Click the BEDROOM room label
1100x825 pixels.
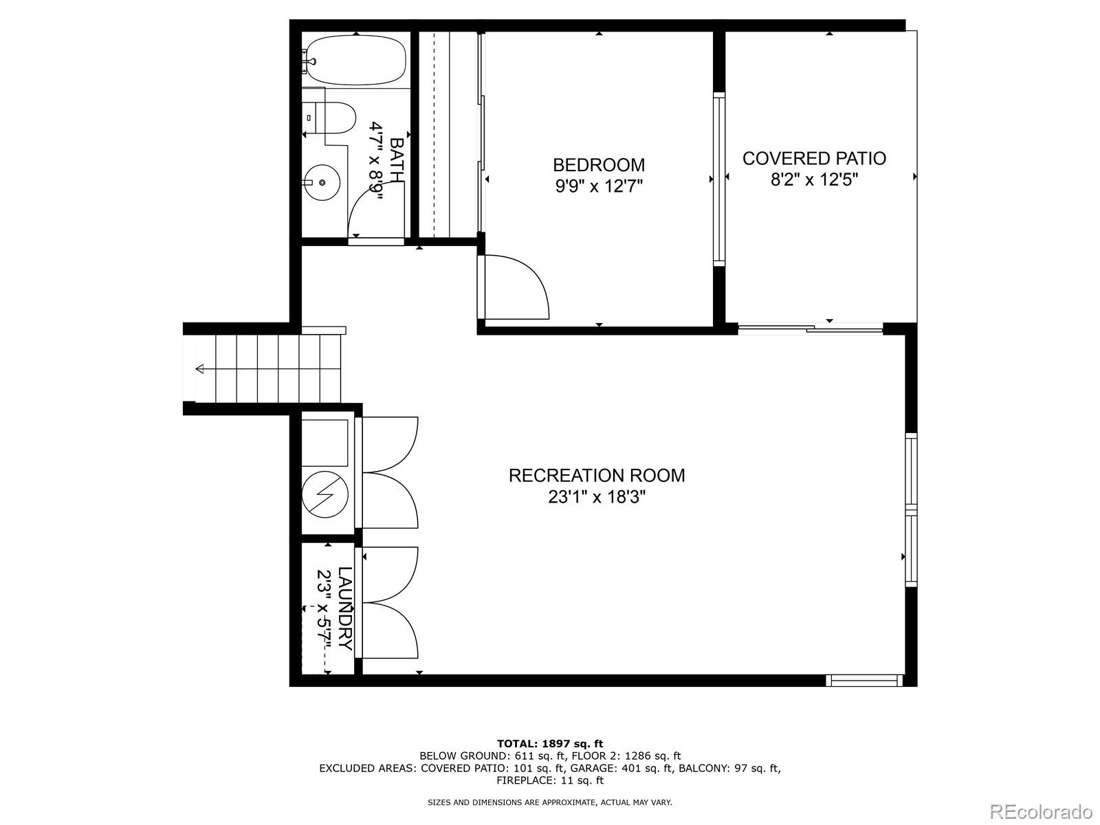tap(599, 165)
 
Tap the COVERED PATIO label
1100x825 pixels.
tap(814, 158)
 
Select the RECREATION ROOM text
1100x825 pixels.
tap(597, 475)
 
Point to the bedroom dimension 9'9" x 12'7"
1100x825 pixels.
tap(599, 186)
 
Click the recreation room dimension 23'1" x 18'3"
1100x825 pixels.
tap(597, 496)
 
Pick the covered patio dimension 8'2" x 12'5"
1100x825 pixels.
tap(814, 179)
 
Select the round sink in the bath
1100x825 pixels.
tap(322, 182)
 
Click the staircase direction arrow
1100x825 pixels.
tap(200, 369)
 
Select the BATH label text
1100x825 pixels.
tap(397, 159)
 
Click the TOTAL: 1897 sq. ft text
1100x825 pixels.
tap(549, 743)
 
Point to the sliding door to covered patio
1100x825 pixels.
tap(810, 329)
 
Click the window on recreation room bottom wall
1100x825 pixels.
tap(863, 680)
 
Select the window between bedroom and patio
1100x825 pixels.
tap(719, 179)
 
